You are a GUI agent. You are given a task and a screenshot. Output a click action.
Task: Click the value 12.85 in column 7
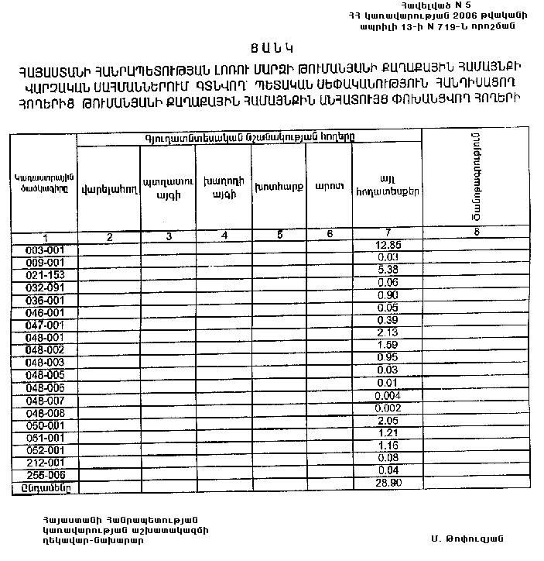click(x=388, y=245)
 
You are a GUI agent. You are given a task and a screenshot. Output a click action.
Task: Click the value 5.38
click(x=388, y=269)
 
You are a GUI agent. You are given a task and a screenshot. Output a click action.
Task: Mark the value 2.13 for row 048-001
click(x=388, y=332)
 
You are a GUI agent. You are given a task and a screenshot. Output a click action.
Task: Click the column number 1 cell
click(x=45, y=237)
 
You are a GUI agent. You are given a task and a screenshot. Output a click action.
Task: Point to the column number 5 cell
click(x=279, y=235)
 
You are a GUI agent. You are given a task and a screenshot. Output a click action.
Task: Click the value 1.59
click(x=388, y=345)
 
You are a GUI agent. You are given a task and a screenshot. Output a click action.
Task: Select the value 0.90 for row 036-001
click(x=388, y=294)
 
